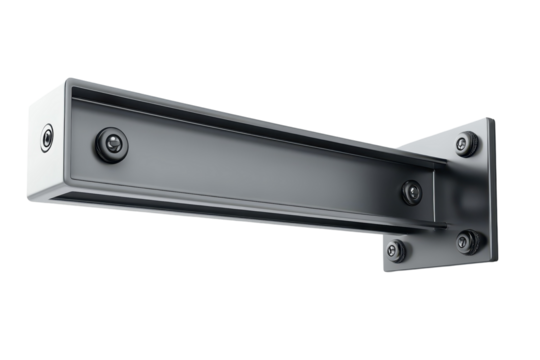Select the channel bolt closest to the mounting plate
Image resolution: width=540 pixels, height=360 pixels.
pyautogui.click(x=410, y=190)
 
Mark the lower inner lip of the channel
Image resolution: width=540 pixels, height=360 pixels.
pyautogui.click(x=250, y=201)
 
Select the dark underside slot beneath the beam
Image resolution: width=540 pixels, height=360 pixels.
pyautogui.click(x=250, y=217)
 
